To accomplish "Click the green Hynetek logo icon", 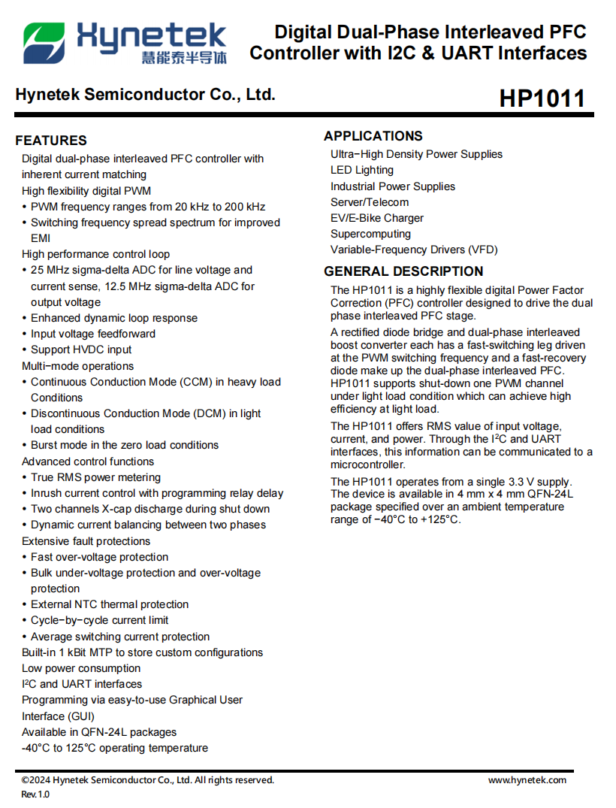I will point(44,43).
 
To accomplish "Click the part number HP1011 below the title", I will point(542,98).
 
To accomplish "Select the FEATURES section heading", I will point(51,141).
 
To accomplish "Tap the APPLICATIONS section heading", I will point(373,136).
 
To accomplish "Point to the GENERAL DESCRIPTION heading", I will point(403,271).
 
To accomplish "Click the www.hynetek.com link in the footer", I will point(527,780).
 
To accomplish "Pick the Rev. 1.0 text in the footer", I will point(35,794).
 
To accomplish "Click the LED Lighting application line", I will point(362,170).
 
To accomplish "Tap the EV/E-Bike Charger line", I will point(377,218).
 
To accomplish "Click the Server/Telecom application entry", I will point(370,202).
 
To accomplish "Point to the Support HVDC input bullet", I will point(81,350).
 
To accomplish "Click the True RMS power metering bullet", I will point(95,477).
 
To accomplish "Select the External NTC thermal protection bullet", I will point(110,604).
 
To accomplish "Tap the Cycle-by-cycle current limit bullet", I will point(99,620).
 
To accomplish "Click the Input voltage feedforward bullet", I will point(93,334).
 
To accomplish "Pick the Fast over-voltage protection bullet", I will point(99,557).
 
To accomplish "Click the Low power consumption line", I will point(81,668).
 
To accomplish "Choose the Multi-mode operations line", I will point(77,366).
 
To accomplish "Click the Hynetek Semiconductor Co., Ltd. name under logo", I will point(145,95).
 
